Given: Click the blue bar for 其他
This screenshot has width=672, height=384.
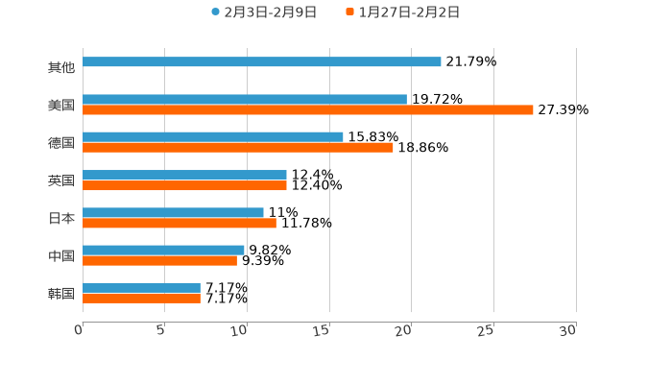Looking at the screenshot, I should coord(262,62).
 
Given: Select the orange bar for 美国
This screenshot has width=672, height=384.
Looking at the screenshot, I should coord(307,110).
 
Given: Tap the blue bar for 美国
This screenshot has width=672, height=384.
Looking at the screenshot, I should coord(245,99).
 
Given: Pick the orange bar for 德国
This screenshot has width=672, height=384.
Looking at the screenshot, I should coord(238,148).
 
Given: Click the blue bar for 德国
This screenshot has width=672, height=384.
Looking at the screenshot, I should coord(213,136).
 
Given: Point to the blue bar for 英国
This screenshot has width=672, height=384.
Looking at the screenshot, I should coord(184,175).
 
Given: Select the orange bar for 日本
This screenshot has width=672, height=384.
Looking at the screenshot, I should coord(180,224).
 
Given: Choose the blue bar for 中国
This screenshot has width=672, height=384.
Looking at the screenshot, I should coord(163,250).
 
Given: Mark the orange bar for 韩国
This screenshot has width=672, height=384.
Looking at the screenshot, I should coord(141,299).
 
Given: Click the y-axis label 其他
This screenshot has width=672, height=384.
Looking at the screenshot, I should coord(60,67).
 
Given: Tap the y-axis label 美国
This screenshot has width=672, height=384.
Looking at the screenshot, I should coord(60,105).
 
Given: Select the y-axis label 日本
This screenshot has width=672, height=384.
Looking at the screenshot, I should coord(60,218).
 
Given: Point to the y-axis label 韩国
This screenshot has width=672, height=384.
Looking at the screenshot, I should coord(60,293).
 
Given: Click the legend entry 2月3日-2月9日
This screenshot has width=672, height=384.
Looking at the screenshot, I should coord(270,12).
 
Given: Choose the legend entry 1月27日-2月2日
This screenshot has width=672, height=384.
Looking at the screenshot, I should coord(409,12).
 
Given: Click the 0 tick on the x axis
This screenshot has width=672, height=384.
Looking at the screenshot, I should coord(80,329).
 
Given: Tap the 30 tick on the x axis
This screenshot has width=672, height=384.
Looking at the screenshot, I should coord(568,329).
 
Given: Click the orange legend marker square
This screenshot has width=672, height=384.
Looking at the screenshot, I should coord(350,12).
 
